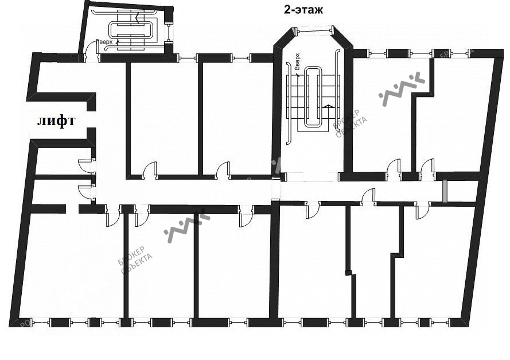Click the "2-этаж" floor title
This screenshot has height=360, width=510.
[x=303, y=10]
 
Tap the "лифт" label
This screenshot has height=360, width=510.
[x=56, y=121]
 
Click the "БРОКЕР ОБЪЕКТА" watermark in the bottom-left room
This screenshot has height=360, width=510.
[x=135, y=261]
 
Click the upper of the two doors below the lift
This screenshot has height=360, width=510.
[x=85, y=166]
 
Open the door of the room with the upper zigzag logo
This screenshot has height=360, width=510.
[x=394, y=168]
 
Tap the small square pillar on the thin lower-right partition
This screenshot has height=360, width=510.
[x=347, y=273]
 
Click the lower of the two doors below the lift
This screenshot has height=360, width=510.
[x=85, y=192]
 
